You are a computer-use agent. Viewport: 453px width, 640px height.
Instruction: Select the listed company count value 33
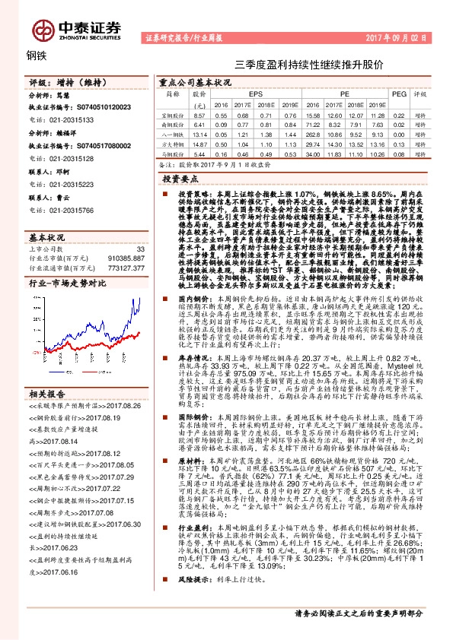click(x=140, y=249)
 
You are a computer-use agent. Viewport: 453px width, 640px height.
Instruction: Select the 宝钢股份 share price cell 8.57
click(x=199, y=114)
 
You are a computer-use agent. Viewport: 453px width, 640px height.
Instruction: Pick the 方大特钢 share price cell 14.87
click(x=199, y=143)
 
